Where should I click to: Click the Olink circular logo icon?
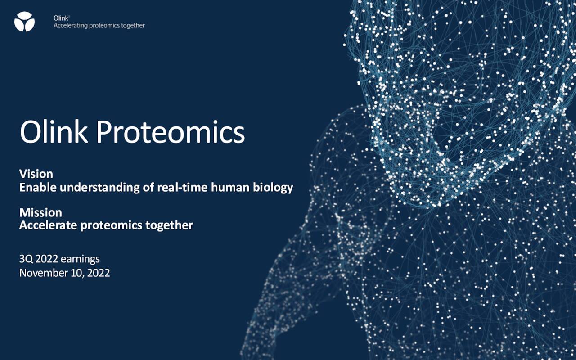coord(24,22)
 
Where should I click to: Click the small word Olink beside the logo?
coord(61,18)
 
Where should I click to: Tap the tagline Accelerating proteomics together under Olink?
coord(99,26)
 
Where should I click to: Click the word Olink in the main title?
coord(54,132)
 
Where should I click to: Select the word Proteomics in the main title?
coord(171,132)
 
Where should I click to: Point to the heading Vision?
coord(36,174)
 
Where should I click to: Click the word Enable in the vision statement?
coord(38,187)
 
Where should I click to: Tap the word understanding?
coord(100,187)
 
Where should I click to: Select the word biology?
coord(273,188)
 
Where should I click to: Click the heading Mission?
coord(40,213)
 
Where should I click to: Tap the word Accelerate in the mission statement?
coord(48,225)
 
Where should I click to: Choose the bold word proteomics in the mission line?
coord(112,226)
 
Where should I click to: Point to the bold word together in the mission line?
coord(169,225)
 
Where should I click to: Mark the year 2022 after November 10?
coord(99,273)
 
